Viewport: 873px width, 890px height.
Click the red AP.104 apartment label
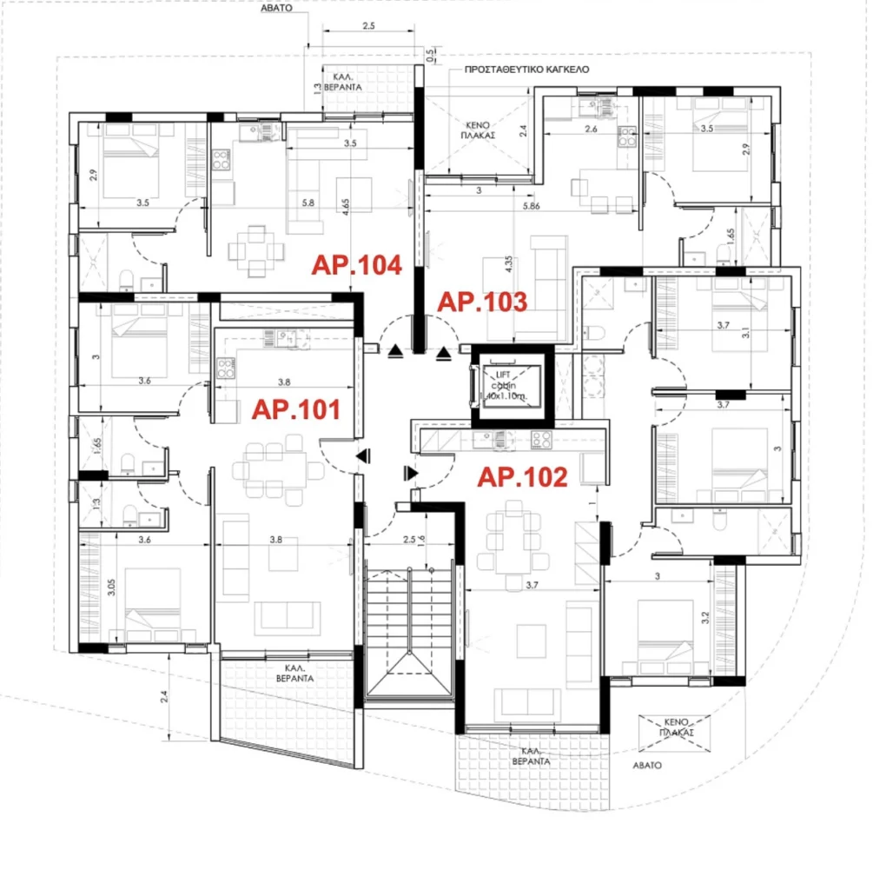coord(358,265)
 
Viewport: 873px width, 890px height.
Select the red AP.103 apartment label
coord(482,302)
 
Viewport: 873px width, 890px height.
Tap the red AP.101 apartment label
coord(295,409)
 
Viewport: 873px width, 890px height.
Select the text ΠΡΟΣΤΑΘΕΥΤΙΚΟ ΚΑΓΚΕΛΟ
coord(527,68)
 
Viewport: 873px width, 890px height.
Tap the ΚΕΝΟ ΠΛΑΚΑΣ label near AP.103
coord(478,130)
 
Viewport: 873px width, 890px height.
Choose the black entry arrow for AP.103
coord(445,352)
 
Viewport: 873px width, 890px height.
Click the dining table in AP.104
coord(255,250)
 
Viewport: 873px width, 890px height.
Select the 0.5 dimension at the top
coord(430,54)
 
